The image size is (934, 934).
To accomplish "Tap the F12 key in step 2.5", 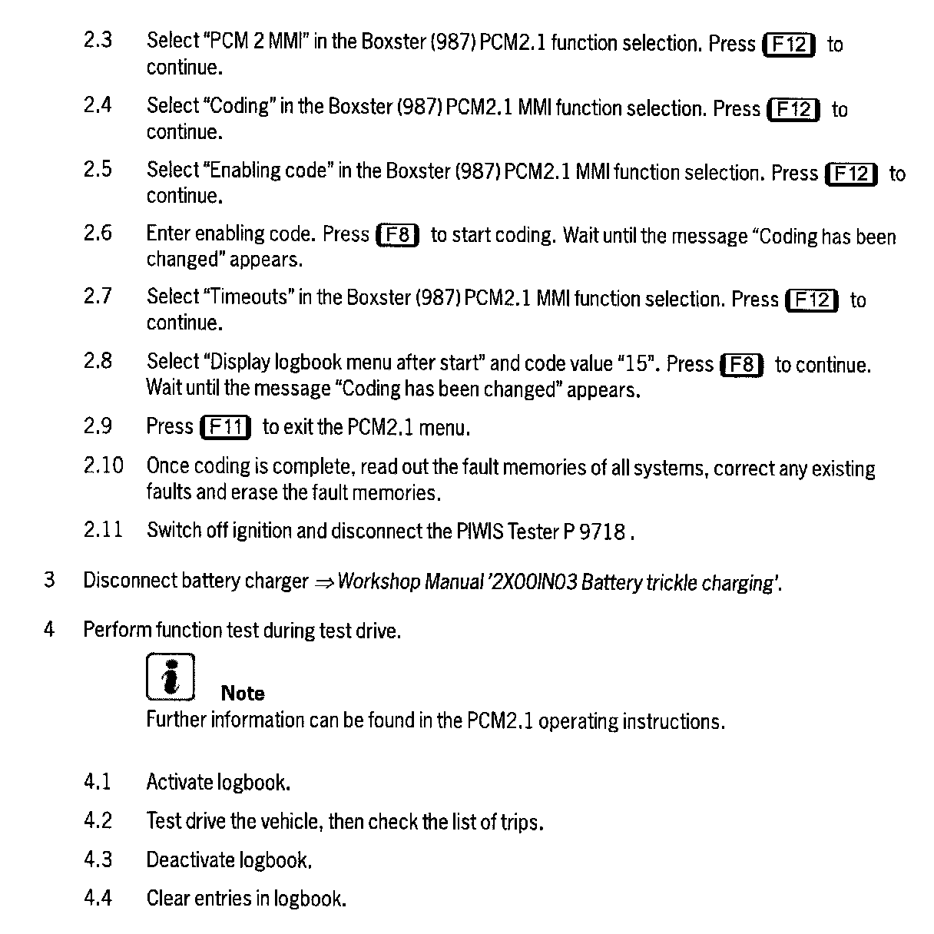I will (851, 174).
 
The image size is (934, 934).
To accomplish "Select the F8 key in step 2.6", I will (397, 234).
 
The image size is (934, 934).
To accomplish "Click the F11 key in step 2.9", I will (225, 426).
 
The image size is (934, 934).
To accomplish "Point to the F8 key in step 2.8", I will (741, 364).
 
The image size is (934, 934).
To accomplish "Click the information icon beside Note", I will (171, 677).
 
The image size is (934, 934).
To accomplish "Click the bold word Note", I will (242, 693).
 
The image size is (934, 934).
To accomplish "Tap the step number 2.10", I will (103, 465).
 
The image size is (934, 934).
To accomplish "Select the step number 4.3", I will (98, 859).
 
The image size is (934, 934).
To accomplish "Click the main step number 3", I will (49, 579).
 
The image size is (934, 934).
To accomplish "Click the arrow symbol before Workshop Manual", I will (323, 582).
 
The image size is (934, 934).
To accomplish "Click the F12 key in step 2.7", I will (813, 300).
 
